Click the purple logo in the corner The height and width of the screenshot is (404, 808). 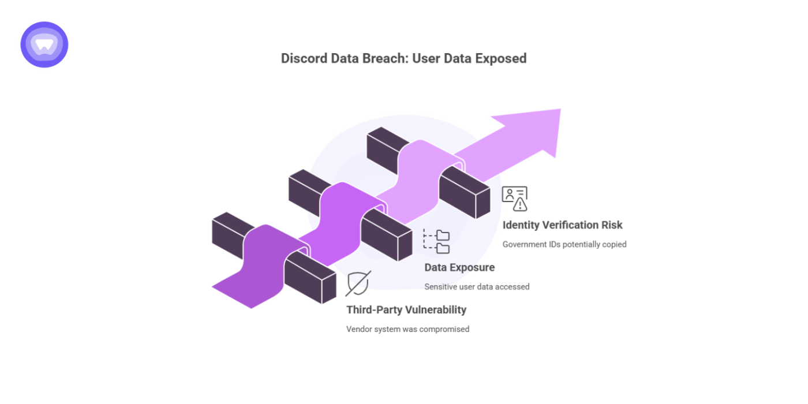[x=44, y=44]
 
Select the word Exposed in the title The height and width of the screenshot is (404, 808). [x=500, y=58]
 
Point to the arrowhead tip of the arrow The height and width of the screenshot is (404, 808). [x=559, y=111]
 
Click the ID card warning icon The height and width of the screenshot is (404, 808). [x=514, y=198]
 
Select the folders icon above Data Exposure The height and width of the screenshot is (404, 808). [x=437, y=241]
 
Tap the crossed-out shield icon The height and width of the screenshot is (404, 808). [x=358, y=283]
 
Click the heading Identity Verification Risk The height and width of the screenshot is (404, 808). [x=562, y=225]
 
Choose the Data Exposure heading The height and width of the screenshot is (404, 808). [x=459, y=267]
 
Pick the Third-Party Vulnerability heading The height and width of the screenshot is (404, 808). [x=406, y=310]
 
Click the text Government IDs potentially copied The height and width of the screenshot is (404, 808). [x=564, y=244]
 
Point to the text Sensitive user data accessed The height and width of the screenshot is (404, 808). [x=477, y=286]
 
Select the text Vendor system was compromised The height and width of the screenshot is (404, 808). [x=407, y=329]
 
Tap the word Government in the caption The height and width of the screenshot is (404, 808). [x=525, y=244]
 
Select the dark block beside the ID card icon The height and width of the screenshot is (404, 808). [x=465, y=193]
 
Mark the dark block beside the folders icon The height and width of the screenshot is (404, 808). [x=387, y=234]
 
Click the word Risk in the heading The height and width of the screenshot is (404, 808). [x=611, y=225]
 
